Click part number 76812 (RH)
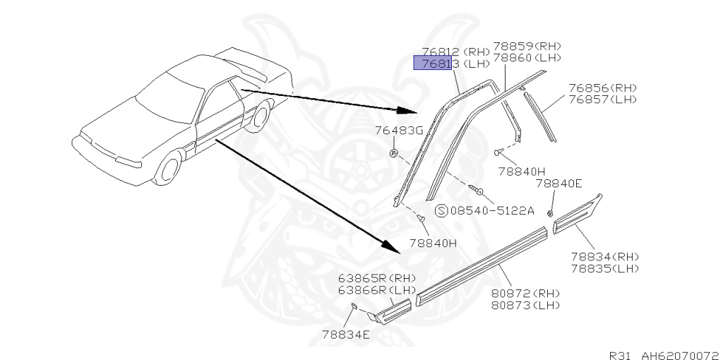pyautogui.click(x=455, y=52)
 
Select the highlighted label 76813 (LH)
pyautogui.click(x=455, y=64)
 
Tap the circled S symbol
pyautogui.click(x=441, y=210)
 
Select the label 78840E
pyautogui.click(x=558, y=184)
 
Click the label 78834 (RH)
pyautogui.click(x=604, y=256)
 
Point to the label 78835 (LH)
pyautogui.click(x=604, y=268)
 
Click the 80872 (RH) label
pyautogui.click(x=526, y=294)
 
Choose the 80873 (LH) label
pyautogui.click(x=526, y=305)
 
